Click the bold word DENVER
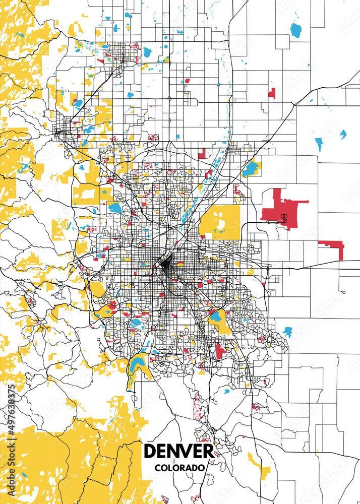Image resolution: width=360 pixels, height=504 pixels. coord(178,451)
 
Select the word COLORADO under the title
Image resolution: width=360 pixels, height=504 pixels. coord(179,468)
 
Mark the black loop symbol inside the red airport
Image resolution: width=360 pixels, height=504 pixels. coord(284,218)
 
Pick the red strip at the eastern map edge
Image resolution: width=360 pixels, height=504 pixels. coord(333,246)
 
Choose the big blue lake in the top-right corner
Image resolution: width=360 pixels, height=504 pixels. coord(295,30)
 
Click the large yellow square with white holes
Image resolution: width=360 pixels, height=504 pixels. coord(220,222)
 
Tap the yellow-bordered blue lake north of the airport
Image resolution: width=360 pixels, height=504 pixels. coord(250,168)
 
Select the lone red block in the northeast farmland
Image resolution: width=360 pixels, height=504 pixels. coord(272,93)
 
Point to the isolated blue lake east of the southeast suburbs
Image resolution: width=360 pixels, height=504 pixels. coord(287,332)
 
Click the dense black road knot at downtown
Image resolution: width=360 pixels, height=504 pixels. coord(164,263)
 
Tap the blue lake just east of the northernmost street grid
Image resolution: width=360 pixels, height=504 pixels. coord(147,51)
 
